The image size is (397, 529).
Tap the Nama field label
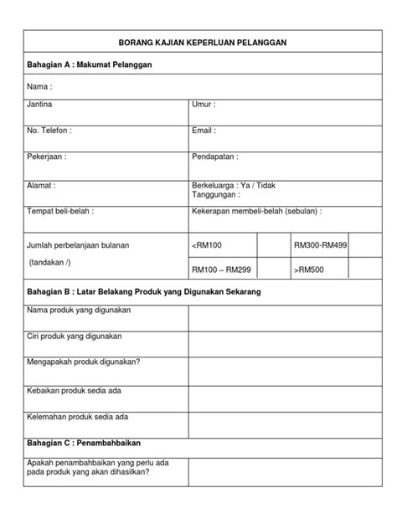[x=39, y=85]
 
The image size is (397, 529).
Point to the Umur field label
[x=204, y=105]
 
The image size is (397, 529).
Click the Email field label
[x=204, y=131]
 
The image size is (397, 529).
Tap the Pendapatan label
[x=215, y=156]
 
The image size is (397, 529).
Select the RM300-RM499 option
[x=321, y=245]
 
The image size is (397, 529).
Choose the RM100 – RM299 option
[x=222, y=270]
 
